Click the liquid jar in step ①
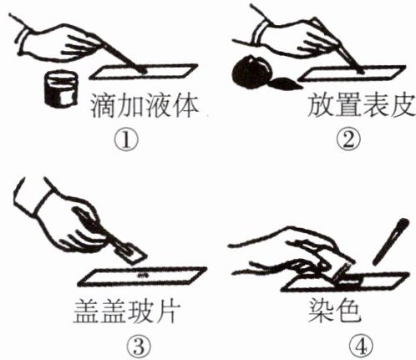[x=61, y=89]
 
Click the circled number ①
[x=126, y=140]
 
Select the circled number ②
[x=348, y=140]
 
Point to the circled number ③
[x=139, y=347]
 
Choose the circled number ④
[x=361, y=347]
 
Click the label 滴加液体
[x=144, y=106]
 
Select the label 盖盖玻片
[x=127, y=311]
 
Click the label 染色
[x=334, y=311]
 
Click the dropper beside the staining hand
[x=391, y=241]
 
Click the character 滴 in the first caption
[x=103, y=106]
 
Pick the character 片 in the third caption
[x=168, y=311]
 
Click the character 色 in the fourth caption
[x=348, y=311]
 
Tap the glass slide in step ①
[x=144, y=72]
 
